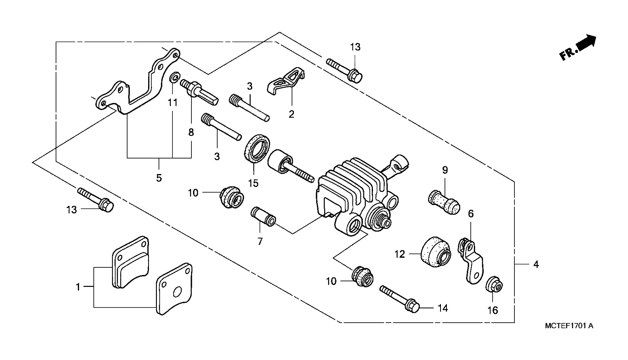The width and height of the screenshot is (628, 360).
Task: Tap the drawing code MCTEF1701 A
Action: click(x=569, y=326)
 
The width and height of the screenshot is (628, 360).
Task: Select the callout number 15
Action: click(x=253, y=183)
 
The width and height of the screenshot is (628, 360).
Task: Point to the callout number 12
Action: click(x=400, y=254)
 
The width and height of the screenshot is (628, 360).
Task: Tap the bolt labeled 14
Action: click(x=400, y=299)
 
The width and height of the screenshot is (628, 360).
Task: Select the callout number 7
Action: click(x=260, y=242)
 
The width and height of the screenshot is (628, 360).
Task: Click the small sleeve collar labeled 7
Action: click(x=263, y=217)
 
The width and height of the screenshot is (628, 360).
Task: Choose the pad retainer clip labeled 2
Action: click(x=286, y=81)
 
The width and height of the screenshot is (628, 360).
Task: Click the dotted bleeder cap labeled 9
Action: click(x=444, y=202)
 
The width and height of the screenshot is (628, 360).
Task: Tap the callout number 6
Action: click(x=471, y=214)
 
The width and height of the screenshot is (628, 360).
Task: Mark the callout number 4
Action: click(x=536, y=264)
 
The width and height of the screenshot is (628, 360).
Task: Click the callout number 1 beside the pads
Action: click(x=78, y=287)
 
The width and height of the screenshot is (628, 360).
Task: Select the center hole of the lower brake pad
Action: click(x=177, y=292)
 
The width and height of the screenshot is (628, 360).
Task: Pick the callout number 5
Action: click(x=159, y=178)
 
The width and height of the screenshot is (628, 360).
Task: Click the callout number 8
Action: click(x=191, y=132)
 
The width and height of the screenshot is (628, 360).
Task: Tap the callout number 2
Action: click(x=292, y=114)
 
